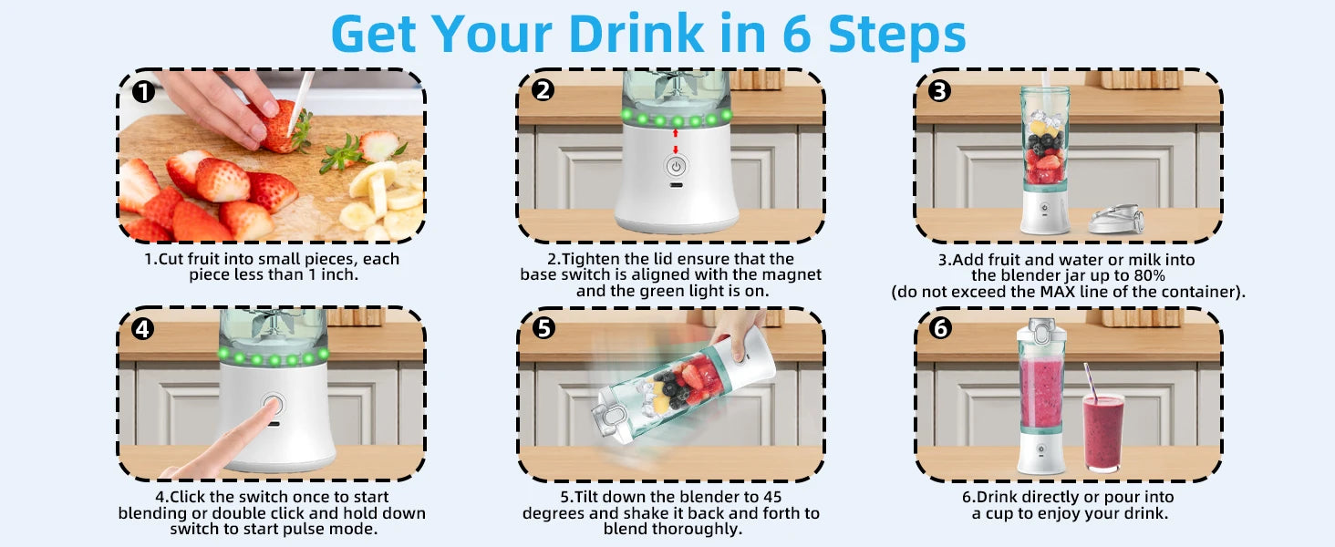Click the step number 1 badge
(143, 92)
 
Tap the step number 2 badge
(543, 90)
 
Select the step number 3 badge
(939, 90)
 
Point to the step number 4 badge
(143, 328)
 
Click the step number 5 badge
(543, 327)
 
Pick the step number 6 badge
(940, 327)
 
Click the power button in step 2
(675, 167)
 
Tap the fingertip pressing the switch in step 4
(270, 407)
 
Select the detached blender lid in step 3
(1115, 220)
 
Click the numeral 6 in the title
(797, 34)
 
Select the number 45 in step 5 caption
(772, 497)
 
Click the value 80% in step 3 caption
(1148, 276)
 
